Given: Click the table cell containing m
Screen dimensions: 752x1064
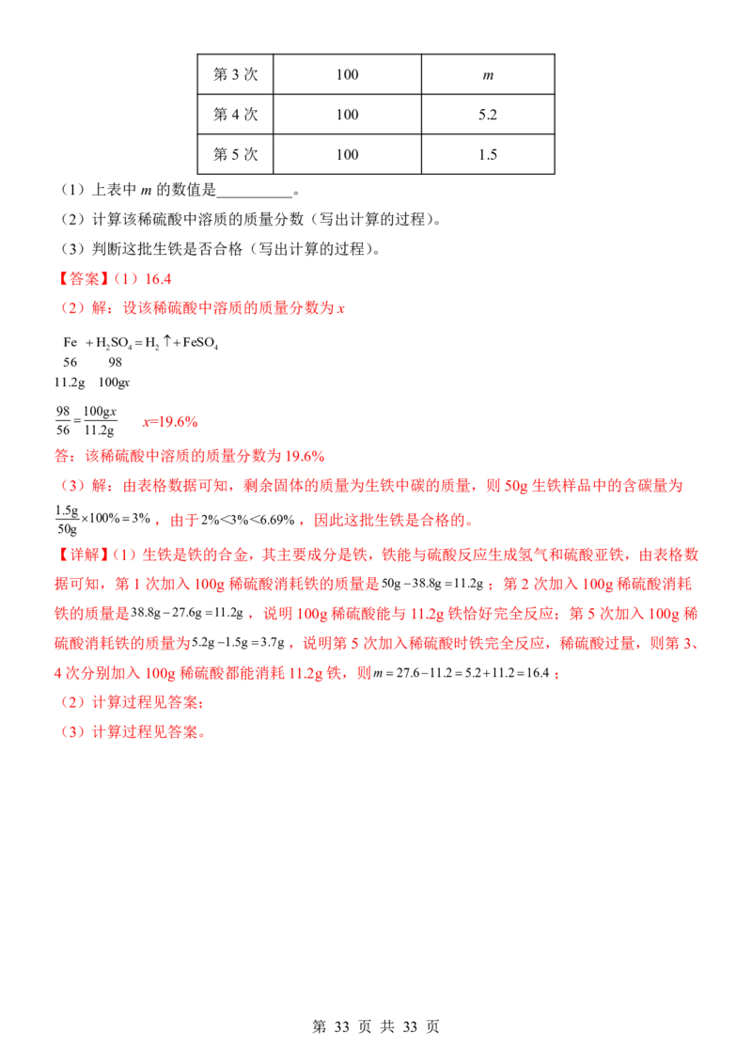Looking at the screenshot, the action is pos(488,74).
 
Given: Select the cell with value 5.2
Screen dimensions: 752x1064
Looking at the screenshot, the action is pos(488,115).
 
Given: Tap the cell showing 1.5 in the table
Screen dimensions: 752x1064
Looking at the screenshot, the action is pos(488,155).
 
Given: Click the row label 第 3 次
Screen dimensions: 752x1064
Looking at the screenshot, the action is pos(236,74).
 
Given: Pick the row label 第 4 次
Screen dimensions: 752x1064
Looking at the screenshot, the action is pos(236,115).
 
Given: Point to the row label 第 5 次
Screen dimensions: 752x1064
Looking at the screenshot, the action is pos(236,155).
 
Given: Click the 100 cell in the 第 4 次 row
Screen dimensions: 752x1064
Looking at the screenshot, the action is pos(348,115).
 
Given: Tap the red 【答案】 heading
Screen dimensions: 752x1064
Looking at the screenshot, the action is pos(82,279).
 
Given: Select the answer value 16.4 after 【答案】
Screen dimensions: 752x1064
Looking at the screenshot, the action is pos(158,279).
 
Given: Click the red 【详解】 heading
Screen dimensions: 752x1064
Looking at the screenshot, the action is pos(82,555).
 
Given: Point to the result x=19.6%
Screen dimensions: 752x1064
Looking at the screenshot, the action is pos(170,422).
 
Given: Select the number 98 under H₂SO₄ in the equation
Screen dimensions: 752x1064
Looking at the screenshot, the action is pos(116,363).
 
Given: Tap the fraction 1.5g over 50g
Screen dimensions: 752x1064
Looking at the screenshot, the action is pos(67,520).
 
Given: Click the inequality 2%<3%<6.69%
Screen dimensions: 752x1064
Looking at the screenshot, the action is pos(248,521).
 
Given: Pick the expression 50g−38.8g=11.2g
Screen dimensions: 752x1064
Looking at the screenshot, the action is pos(432,585).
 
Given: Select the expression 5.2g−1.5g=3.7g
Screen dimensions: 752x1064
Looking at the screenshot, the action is pos(238,643).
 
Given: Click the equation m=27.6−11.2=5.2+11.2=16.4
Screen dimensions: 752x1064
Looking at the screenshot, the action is pos(462,673).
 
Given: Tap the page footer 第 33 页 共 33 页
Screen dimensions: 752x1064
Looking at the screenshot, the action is pos(376,1027).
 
